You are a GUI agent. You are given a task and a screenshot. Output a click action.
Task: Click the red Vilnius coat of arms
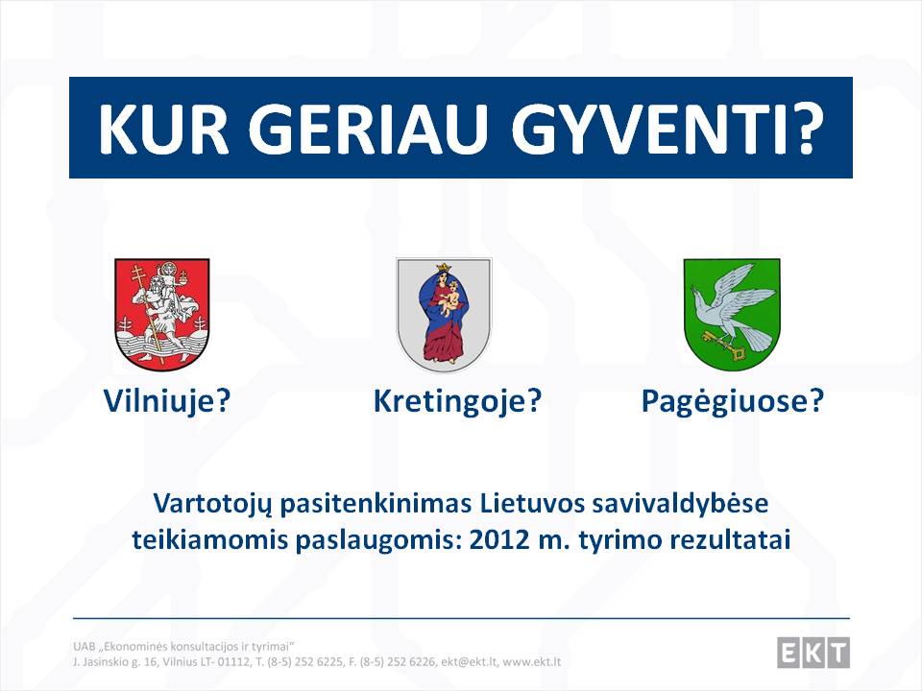(161, 314)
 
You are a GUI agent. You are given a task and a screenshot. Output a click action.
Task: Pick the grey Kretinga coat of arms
(444, 315)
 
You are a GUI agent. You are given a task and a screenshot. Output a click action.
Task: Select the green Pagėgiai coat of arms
(732, 314)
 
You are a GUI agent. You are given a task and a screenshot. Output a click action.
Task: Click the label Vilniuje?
(166, 401)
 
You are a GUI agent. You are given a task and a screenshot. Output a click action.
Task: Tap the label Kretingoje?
(457, 401)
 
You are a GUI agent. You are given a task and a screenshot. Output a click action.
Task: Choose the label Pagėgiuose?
(732, 401)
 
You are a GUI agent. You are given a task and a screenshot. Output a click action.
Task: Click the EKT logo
(813, 653)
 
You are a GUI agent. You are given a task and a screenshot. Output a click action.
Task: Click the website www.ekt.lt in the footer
(531, 662)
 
